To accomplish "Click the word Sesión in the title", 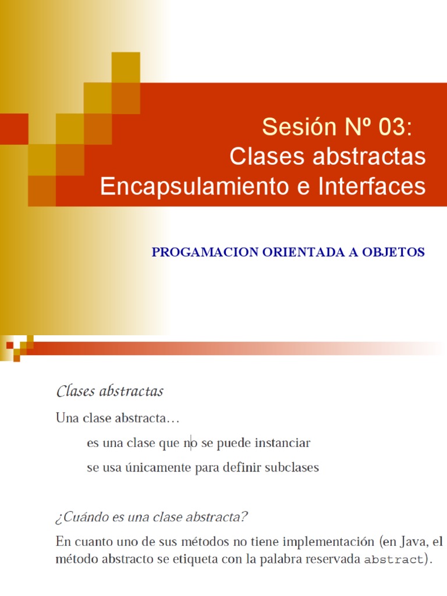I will click(x=293, y=126).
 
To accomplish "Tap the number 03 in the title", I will click(x=392, y=126).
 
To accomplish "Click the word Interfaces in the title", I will click(x=371, y=187).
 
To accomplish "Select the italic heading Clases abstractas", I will click(x=110, y=391).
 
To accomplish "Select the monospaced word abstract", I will click(x=393, y=561).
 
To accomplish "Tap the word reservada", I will click(x=333, y=560).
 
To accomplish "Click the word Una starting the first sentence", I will click(x=67, y=418).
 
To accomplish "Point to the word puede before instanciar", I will click(x=233, y=444).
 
